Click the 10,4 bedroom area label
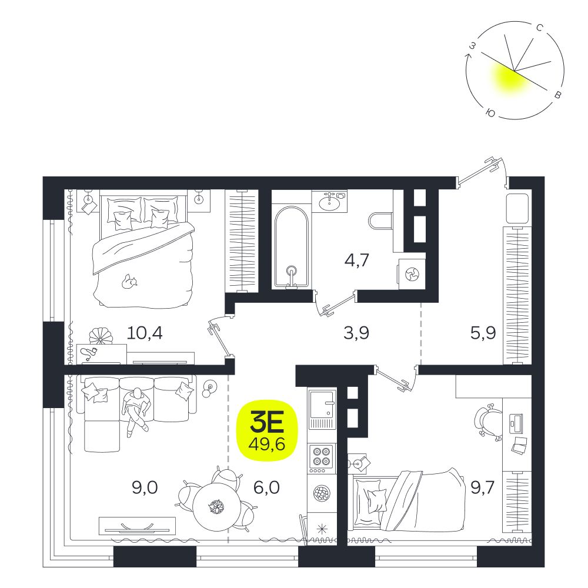pyautogui.click(x=145, y=333)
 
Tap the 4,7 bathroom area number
pyautogui.click(x=357, y=259)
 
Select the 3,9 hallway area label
pyautogui.click(x=356, y=333)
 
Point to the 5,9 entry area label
pyautogui.click(x=483, y=333)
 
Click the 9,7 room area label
pyautogui.click(x=482, y=488)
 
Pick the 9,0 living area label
pyautogui.click(x=145, y=488)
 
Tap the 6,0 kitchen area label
pyautogui.click(x=266, y=488)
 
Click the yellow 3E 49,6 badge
pyautogui.click(x=266, y=430)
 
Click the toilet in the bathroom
pyautogui.click(x=380, y=221)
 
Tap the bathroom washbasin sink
pyautogui.click(x=330, y=202)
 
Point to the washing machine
pyautogui.click(x=412, y=274)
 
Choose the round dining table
pyautogui.click(x=216, y=506)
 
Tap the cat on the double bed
pyautogui.click(x=129, y=281)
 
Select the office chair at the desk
pyautogui.click(x=488, y=421)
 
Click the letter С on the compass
pyautogui.click(x=540, y=28)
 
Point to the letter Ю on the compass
pyautogui.click(x=490, y=113)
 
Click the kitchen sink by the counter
pyautogui.click(x=322, y=409)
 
